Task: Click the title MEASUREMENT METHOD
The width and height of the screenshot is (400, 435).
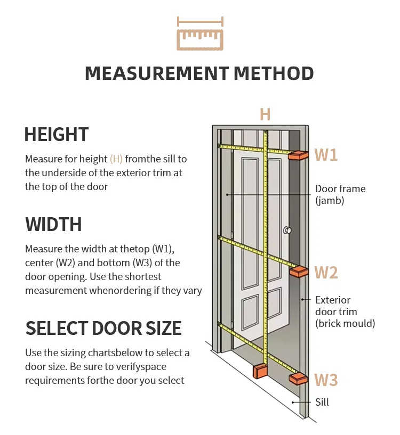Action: point(199,73)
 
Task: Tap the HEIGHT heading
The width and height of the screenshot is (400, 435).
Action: point(57,134)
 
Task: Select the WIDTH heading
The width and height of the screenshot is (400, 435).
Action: point(53,224)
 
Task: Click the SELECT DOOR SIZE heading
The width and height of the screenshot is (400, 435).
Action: point(103,328)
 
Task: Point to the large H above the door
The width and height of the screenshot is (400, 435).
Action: point(265,114)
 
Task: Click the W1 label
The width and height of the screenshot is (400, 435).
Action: point(326,155)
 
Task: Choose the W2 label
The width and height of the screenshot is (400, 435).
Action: point(326,273)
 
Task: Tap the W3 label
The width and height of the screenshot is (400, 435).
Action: point(326,380)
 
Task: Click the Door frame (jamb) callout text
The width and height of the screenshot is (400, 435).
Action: point(340,195)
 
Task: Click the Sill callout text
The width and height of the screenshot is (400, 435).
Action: point(322,402)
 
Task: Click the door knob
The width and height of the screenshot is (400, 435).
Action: point(287,231)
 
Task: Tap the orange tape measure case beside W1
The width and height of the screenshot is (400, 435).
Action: point(299,155)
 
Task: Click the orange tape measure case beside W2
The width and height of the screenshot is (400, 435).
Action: point(299,271)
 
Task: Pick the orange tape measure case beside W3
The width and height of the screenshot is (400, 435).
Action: point(299,379)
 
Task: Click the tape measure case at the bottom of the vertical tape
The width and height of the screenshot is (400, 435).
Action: point(261,371)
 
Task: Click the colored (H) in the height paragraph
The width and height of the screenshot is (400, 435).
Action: point(116,159)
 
